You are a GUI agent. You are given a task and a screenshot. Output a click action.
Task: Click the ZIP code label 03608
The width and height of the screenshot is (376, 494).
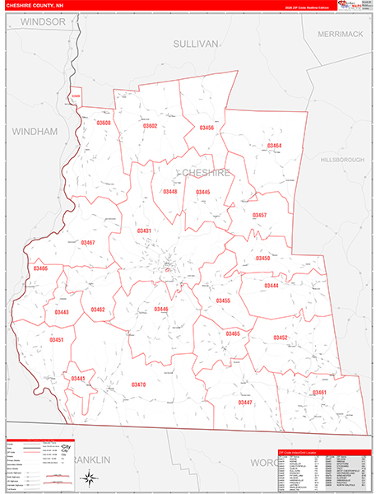pyautogui.click(x=103, y=123)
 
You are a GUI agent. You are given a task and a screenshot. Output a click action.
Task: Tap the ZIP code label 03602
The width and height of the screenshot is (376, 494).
pyautogui.click(x=149, y=126)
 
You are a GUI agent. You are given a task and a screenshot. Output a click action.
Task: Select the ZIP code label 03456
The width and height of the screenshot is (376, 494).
pyautogui.click(x=207, y=128)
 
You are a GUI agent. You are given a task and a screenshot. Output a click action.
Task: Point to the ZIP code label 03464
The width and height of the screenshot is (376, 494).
pyautogui.click(x=274, y=146)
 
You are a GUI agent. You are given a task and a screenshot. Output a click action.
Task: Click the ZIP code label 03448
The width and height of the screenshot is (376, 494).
pyautogui.click(x=169, y=192)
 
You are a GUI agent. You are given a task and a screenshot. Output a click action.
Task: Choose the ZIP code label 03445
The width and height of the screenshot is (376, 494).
pyautogui.click(x=202, y=192)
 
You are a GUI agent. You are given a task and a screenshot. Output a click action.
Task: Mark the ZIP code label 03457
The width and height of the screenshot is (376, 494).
pyautogui.click(x=259, y=215)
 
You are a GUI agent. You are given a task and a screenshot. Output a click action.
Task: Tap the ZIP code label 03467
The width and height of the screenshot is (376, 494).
pyautogui.click(x=88, y=243)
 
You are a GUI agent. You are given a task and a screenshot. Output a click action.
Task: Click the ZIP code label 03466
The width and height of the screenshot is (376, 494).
pyautogui.click(x=40, y=268)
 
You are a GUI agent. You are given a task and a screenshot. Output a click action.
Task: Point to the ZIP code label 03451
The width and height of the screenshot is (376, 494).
pyautogui.click(x=56, y=339)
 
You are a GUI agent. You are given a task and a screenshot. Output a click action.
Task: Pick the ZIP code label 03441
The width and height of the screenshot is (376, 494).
pyautogui.click(x=78, y=378)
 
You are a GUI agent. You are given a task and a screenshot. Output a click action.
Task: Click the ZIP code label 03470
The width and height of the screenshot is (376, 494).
pyautogui.click(x=138, y=384)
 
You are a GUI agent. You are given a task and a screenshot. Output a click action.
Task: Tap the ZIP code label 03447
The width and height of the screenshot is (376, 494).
pyautogui.click(x=244, y=403)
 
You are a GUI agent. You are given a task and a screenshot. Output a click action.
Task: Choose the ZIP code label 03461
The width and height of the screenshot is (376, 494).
pyautogui.click(x=319, y=393)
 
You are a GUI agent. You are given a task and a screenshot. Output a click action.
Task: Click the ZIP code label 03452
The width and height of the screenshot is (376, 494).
pyautogui.click(x=281, y=338)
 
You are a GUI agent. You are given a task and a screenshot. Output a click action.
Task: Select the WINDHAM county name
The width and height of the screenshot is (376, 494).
pyautogui.click(x=34, y=131)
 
